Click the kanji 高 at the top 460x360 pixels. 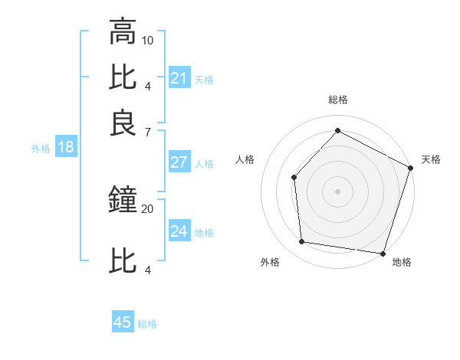(x=123, y=33)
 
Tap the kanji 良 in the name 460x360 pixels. (x=123, y=123)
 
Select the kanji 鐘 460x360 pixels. (x=123, y=201)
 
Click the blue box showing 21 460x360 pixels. (x=179, y=78)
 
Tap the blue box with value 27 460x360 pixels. (x=179, y=162)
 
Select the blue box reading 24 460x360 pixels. (x=179, y=231)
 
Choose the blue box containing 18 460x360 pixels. (x=66, y=148)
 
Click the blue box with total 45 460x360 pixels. (x=123, y=322)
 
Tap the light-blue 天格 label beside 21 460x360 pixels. (x=204, y=79)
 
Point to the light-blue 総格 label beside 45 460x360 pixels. (x=147, y=323)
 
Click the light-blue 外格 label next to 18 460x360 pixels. (x=41, y=149)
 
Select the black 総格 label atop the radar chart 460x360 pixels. (x=338, y=100)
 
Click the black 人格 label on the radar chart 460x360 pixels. (x=245, y=159)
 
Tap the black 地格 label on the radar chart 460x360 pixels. (x=402, y=262)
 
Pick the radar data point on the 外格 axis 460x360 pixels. (x=302, y=242)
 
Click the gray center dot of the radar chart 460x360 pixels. (x=337, y=191)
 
